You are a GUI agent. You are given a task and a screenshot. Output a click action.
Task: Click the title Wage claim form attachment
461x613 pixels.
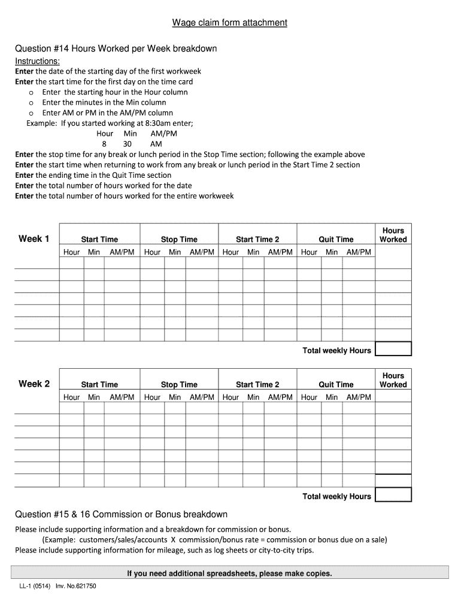(230, 23)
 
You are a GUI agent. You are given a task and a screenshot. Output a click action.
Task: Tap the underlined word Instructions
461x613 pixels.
(37, 61)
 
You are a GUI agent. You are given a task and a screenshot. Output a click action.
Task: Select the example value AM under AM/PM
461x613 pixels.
(156, 144)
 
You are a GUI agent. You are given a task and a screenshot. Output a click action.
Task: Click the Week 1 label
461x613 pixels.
(34, 239)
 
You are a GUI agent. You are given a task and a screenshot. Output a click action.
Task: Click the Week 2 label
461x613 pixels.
(34, 384)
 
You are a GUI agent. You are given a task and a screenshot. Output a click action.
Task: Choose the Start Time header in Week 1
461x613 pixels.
(99, 239)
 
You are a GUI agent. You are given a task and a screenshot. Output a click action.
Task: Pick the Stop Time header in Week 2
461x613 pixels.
(179, 384)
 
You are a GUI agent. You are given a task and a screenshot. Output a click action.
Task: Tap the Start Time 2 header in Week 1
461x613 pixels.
(257, 239)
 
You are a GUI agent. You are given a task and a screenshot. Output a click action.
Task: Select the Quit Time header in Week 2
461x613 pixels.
(336, 384)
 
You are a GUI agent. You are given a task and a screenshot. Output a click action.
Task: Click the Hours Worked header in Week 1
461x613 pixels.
(393, 235)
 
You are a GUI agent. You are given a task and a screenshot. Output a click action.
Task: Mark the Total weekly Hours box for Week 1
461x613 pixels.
(393, 349)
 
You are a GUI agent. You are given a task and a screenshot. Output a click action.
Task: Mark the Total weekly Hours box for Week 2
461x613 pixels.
(393, 494)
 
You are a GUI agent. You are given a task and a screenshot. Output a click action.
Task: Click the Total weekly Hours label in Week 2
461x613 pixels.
(336, 496)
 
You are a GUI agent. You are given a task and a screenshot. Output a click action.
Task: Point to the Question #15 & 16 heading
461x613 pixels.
(121, 514)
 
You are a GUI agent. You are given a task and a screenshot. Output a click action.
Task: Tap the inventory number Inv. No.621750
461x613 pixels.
(76, 586)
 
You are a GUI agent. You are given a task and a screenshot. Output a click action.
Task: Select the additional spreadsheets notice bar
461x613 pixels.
(229, 573)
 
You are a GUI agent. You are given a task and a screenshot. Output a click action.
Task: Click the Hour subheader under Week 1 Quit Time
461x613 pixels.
(309, 252)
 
